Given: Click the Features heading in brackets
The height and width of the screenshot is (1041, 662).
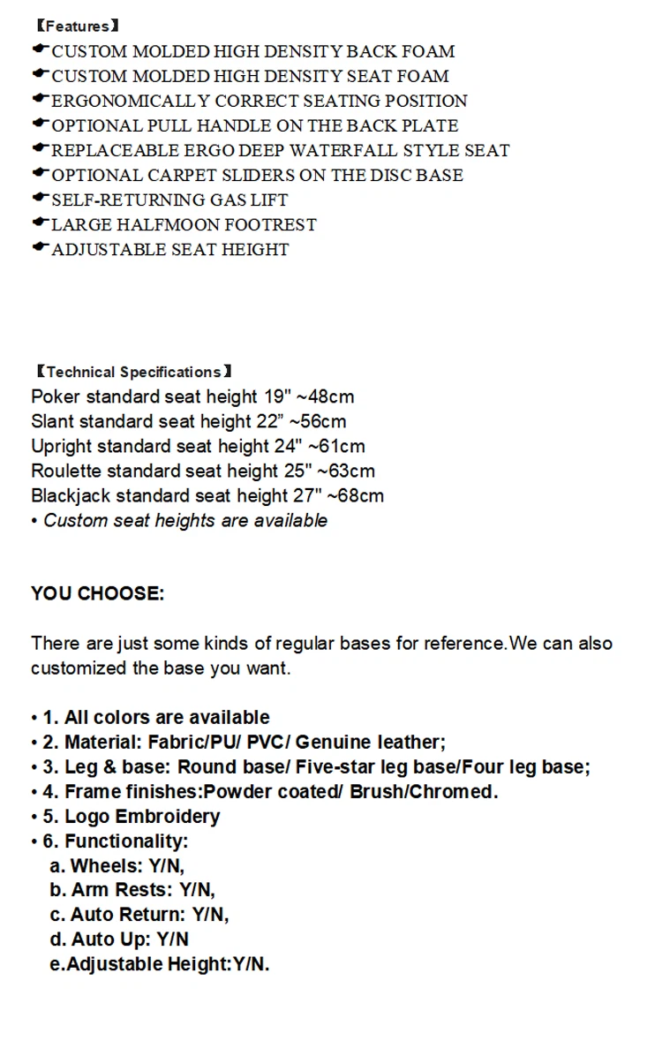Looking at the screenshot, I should click(x=78, y=26).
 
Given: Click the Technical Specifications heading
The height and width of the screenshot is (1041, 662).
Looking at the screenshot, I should click(x=133, y=372).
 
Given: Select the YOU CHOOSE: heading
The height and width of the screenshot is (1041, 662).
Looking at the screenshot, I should click(x=97, y=594).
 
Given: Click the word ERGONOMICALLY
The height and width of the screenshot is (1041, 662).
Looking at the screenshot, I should click(x=131, y=102).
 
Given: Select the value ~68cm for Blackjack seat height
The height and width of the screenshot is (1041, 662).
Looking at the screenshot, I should click(x=355, y=496).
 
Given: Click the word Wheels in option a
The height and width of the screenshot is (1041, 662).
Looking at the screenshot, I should click(x=103, y=866).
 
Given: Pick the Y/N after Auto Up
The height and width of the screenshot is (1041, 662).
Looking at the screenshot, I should click(x=172, y=939).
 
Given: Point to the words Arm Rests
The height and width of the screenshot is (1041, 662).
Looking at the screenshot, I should click(x=121, y=891).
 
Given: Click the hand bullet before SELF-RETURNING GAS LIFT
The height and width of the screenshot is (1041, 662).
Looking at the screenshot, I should click(x=40, y=199).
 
